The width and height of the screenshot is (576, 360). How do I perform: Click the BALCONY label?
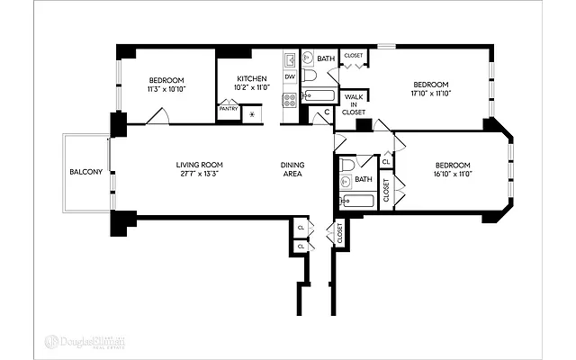coord(86,172)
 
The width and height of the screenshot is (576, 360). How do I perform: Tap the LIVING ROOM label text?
coord(199,165)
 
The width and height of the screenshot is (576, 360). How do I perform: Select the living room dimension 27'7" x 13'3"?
coord(199,173)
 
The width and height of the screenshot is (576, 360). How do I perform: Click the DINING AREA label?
coord(292,169)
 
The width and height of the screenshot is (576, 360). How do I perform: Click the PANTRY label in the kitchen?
coord(228,109)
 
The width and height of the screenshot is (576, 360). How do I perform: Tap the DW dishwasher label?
coord(290,76)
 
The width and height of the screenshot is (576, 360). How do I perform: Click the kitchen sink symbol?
coord(290,60)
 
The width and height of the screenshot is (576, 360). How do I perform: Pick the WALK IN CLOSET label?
coord(354,103)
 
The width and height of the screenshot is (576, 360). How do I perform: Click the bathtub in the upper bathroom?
coord(319,94)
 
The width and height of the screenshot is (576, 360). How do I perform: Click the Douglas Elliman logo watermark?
coord(86,341)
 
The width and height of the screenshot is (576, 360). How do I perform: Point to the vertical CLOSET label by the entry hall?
coord(339,232)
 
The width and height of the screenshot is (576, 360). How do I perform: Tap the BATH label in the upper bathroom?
coord(325,58)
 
